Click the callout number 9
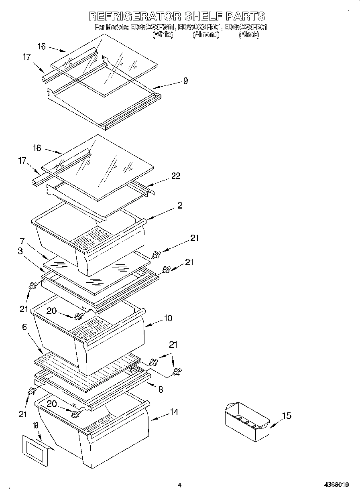point(185,81)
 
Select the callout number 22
point(175,176)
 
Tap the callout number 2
point(180,205)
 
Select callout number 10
point(168,318)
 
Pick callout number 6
point(24,327)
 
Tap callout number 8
point(161,389)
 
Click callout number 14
point(174,412)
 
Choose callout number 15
point(287,416)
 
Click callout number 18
point(35,426)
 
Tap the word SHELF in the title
point(204,16)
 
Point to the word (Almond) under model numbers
point(206,35)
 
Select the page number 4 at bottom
point(179,485)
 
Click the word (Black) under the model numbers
point(248,35)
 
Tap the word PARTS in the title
point(246,16)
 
